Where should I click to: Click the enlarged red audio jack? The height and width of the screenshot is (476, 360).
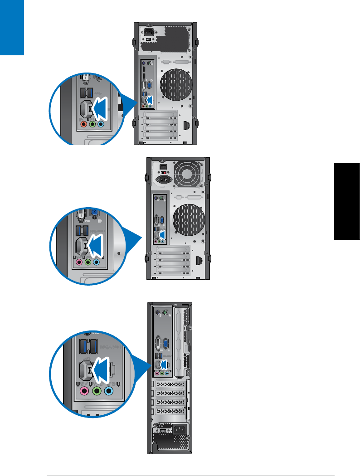[83, 124]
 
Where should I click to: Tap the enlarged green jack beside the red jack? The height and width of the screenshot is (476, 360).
[92, 124]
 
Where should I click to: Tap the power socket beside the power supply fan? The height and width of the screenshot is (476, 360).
[164, 180]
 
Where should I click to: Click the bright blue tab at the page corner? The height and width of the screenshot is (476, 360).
[12, 27]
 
